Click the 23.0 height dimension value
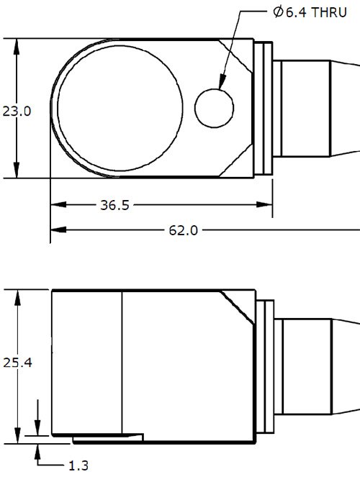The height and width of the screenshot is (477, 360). click(16, 112)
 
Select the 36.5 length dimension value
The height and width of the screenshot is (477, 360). click(114, 206)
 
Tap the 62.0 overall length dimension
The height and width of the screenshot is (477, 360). click(183, 230)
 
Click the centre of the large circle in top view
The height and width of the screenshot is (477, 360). click(119, 108)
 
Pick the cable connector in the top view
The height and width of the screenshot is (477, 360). click(317, 108)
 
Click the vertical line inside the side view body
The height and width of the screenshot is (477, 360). click(122, 360)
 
